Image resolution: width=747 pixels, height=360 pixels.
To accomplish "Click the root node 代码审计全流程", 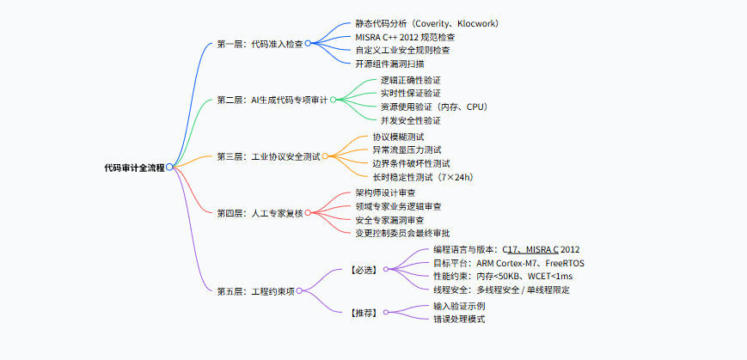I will [x=133, y=167].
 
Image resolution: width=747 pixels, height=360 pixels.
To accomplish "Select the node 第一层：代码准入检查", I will [x=260, y=43].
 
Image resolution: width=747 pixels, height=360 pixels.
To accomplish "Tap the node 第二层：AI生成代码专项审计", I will [x=272, y=100].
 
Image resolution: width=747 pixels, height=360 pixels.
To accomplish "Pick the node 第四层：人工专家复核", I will [x=260, y=212].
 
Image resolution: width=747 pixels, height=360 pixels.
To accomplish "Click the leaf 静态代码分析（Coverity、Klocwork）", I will [x=427, y=23].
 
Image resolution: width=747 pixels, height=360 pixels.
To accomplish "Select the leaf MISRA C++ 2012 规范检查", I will [x=405, y=37].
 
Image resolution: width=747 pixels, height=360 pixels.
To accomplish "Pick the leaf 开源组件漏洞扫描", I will [x=389, y=64].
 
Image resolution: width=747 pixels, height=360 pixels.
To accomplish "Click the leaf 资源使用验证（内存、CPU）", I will [x=434, y=107].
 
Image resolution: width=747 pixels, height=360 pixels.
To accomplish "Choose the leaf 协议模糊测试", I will [x=398, y=136].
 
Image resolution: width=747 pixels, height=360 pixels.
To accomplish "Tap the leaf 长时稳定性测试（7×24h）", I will [x=423, y=177].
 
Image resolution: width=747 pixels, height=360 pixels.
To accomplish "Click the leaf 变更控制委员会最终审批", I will [x=402, y=233].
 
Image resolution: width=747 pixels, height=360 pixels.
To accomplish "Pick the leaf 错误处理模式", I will [x=459, y=319].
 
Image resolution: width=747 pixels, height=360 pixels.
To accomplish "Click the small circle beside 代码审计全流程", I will [x=169, y=167].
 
